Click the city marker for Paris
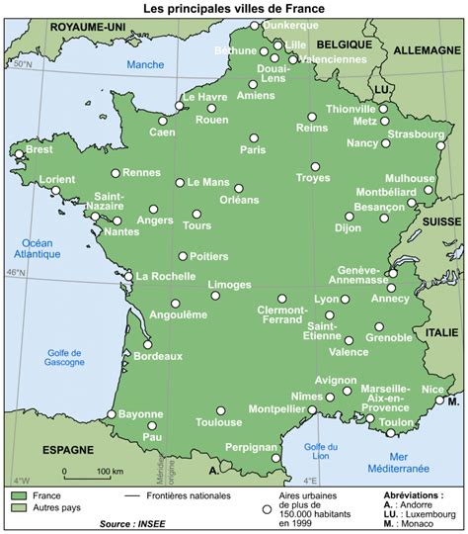tap(254, 137)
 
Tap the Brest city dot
tap(19, 154)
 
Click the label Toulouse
tap(219, 422)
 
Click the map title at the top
tap(233, 8)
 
